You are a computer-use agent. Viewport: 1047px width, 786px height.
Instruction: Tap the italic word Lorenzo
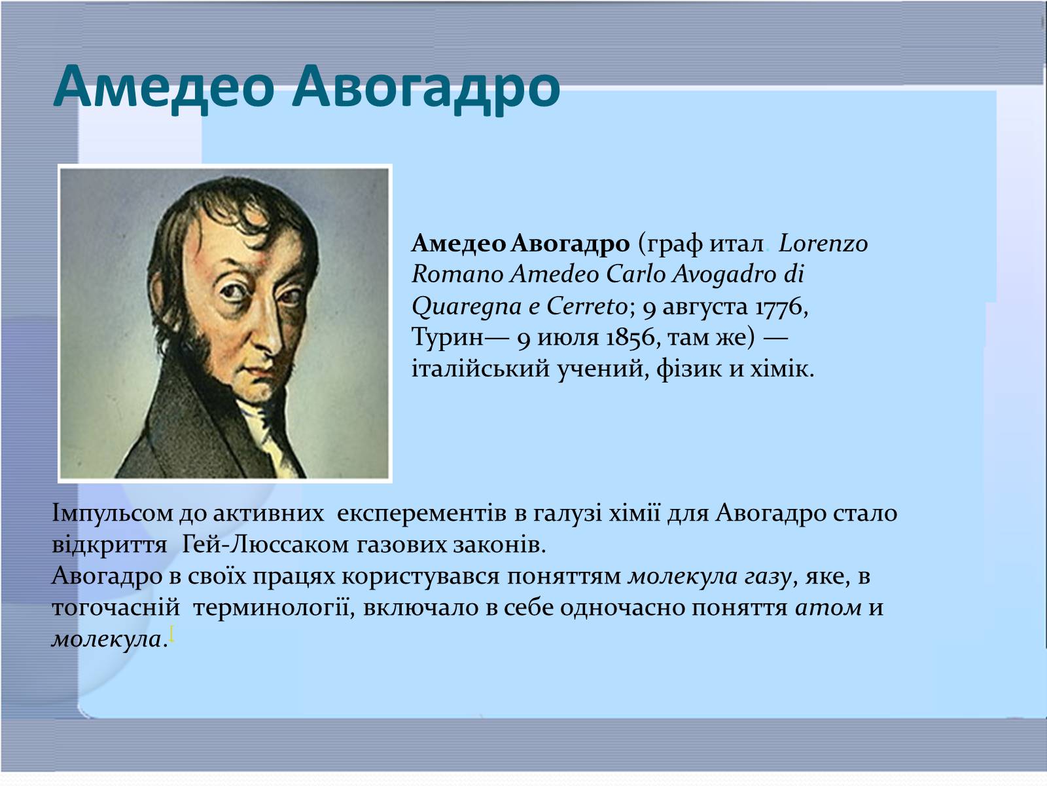click(823, 244)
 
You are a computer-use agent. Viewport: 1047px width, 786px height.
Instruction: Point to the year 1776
click(781, 307)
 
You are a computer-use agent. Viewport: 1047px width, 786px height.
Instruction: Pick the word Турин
click(448, 337)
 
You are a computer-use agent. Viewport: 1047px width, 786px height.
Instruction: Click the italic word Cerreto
click(587, 306)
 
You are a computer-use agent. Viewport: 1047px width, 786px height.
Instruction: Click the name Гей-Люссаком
click(265, 545)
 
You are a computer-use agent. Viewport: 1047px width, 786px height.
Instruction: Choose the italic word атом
click(828, 608)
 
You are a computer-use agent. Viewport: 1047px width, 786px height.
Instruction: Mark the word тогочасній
click(116, 608)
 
